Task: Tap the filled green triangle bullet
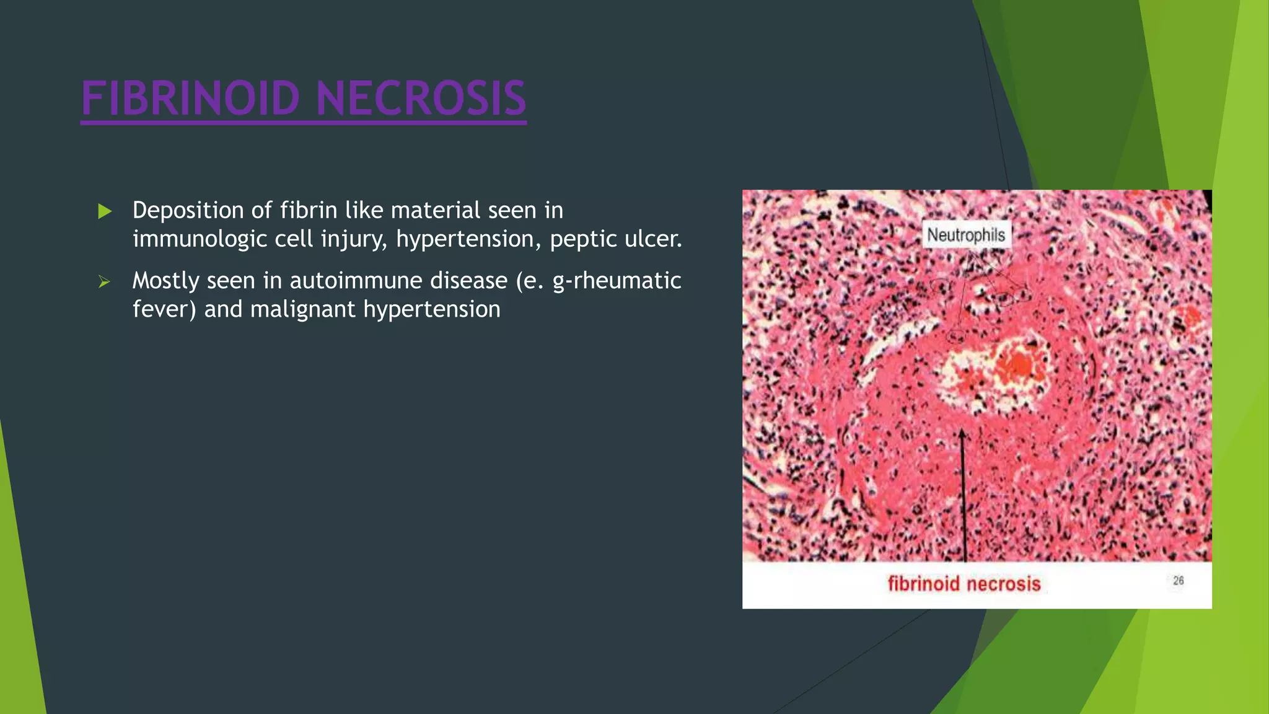105,211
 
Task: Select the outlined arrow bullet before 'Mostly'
104,282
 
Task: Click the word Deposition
188,211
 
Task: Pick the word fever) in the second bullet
164,309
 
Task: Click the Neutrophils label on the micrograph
965,235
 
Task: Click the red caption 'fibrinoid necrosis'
964,583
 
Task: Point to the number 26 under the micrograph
1178,581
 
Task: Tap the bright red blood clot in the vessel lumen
1017,365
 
